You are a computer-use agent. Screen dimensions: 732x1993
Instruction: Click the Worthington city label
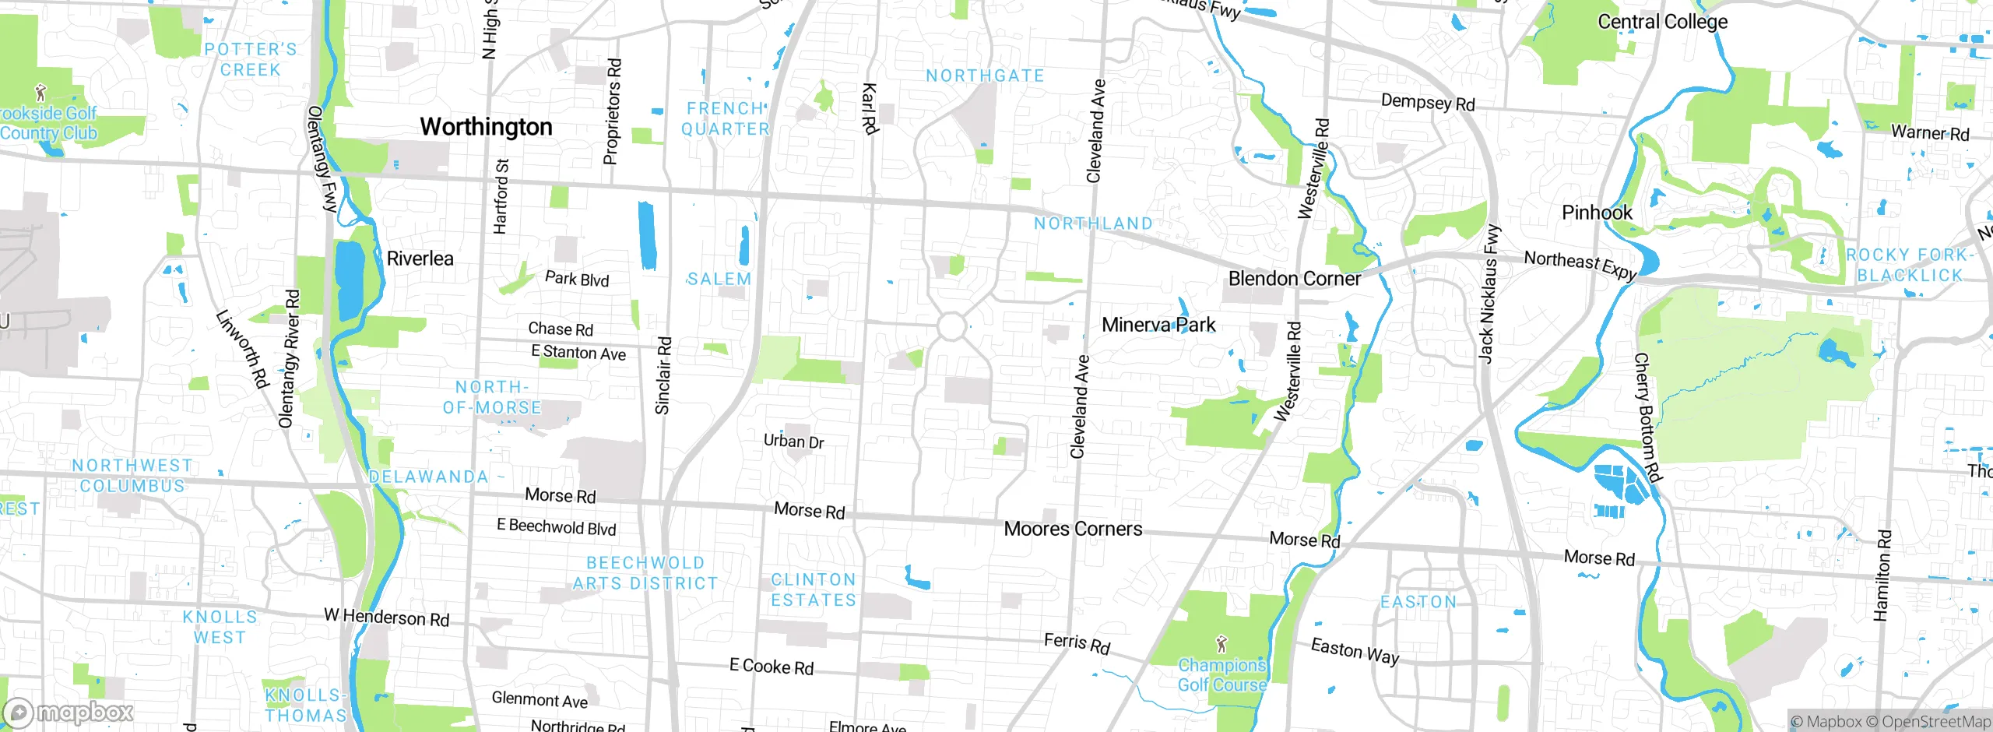click(x=486, y=126)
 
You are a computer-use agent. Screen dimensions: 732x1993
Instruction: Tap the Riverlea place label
click(x=420, y=259)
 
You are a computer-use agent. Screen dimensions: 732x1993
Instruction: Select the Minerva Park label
click(x=1158, y=325)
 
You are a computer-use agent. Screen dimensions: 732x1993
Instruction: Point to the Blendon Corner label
click(x=1294, y=279)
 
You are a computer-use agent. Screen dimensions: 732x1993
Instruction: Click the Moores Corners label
click(x=1073, y=529)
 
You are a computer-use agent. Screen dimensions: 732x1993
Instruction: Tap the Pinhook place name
click(x=1597, y=213)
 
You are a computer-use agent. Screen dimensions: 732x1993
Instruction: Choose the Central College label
click(x=1662, y=22)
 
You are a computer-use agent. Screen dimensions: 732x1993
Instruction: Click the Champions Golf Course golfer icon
click(x=1221, y=644)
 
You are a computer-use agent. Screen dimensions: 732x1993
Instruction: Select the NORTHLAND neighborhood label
click(x=1093, y=223)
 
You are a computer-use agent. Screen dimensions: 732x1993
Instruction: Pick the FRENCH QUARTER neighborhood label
click(x=726, y=119)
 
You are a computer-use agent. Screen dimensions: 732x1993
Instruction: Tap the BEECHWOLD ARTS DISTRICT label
click(x=645, y=573)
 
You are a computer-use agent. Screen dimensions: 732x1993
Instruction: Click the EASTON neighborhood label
click(x=1418, y=602)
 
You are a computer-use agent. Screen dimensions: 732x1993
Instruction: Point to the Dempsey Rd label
click(x=1427, y=103)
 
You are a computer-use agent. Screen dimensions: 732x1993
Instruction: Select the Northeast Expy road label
click(x=1580, y=264)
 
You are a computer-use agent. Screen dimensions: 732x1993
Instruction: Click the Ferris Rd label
click(x=1077, y=643)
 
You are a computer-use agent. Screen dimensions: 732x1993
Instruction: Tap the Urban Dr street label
click(x=793, y=442)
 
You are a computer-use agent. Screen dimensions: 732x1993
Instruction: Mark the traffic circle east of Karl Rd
click(x=951, y=326)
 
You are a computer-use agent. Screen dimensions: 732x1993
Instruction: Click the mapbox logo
click(x=69, y=712)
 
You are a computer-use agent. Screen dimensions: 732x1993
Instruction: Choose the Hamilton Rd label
click(x=1882, y=575)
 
